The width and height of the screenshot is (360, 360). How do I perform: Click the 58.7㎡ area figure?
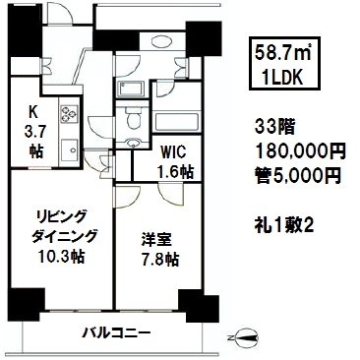283,52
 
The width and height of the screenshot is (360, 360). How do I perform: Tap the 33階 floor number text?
275,128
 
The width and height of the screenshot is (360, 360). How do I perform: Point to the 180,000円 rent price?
300,151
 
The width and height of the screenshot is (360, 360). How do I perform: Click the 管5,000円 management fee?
298,175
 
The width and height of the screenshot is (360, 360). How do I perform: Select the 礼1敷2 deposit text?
284,225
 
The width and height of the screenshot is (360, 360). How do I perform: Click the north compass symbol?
243,338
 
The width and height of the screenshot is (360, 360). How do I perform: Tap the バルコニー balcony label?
116,333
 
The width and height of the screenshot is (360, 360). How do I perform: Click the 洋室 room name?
156,239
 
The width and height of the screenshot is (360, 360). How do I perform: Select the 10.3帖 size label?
61,256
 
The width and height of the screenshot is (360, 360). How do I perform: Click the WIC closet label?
173,151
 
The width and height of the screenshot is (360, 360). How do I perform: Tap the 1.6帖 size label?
175,171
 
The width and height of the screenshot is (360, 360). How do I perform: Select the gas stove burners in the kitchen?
69,114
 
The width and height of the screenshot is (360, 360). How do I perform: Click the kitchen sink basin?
69,150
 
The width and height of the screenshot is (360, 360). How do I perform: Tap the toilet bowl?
133,119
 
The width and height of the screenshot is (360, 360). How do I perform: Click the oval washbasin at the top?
162,41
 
